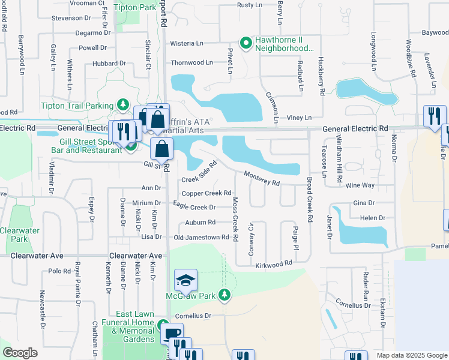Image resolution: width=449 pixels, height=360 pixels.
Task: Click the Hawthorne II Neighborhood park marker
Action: click(246, 43)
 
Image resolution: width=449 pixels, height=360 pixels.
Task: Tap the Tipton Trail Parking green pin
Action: click(123, 106)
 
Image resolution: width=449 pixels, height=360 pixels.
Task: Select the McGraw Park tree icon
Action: click(224, 295)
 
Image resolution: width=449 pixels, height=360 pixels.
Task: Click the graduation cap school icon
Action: click(185, 280)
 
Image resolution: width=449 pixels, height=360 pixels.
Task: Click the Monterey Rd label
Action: click(262, 178)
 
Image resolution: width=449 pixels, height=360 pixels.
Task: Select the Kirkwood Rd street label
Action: click(274, 263)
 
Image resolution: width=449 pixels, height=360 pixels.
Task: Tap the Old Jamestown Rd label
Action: click(202, 238)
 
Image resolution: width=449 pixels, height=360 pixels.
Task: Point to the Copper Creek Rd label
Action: click(206, 193)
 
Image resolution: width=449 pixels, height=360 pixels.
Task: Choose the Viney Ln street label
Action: click(300, 118)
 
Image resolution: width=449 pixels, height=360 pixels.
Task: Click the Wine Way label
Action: click(360, 186)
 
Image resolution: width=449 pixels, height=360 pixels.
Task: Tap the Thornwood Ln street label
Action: click(192, 62)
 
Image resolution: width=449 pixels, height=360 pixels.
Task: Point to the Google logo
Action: click(20, 353)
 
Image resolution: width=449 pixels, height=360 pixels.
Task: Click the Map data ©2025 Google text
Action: click(412, 355)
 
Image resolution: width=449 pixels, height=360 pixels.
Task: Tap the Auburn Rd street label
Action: click(200, 222)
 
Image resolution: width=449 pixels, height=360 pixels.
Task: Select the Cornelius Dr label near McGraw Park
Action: click(193, 316)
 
